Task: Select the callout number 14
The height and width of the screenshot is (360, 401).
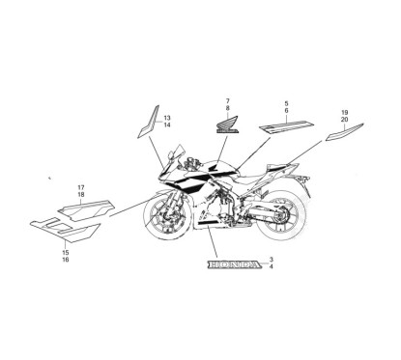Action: pos(166,125)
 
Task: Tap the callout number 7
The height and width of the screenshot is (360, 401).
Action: pos(227,100)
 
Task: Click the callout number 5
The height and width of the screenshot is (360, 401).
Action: pos(286,102)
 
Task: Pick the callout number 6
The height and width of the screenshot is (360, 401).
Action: pos(286,111)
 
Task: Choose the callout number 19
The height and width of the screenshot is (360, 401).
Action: pos(343,113)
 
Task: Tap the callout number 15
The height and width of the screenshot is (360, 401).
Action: pos(66,253)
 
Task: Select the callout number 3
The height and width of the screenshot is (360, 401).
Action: pos(272,261)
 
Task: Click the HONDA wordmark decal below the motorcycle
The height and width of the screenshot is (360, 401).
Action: pos(230,264)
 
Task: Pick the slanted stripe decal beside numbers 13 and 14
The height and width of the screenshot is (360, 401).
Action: pos(146,121)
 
